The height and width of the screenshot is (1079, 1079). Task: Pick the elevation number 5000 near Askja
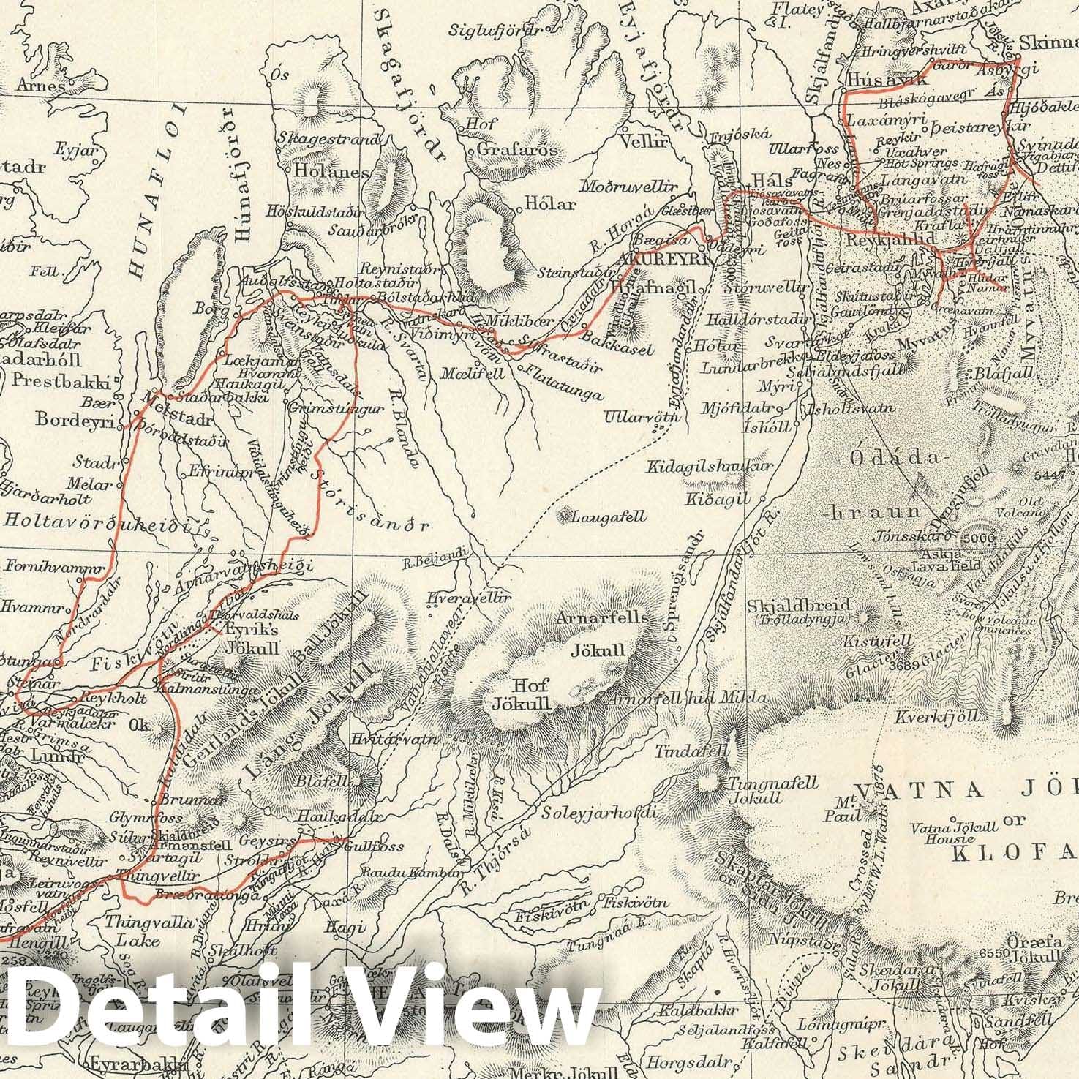(x=978, y=539)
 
